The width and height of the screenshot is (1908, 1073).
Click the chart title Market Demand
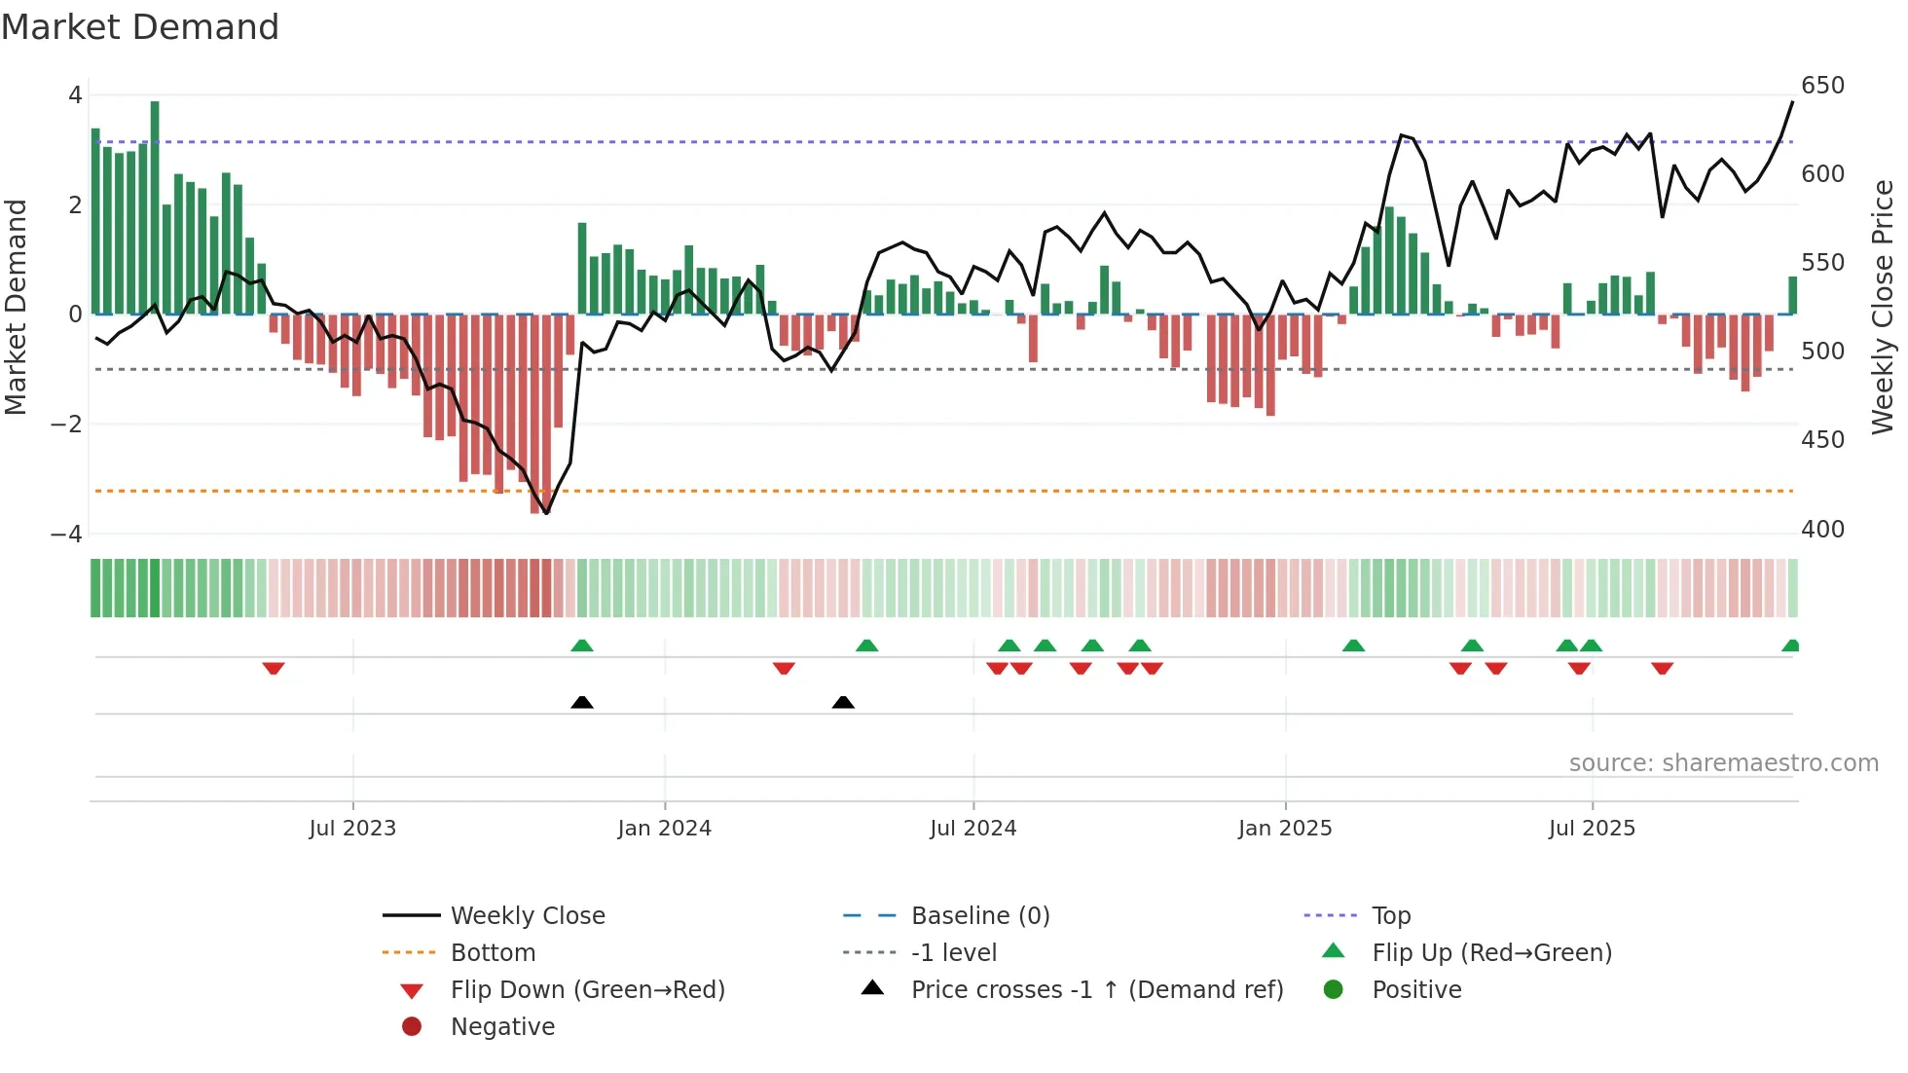(x=140, y=27)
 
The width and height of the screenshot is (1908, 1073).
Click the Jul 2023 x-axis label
(x=352, y=829)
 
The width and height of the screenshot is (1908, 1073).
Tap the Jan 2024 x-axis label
(x=665, y=829)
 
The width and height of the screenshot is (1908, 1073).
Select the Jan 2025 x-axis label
(x=1285, y=829)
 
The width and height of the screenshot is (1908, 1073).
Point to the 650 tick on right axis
(x=1822, y=86)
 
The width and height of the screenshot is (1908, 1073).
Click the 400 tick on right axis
(x=1822, y=530)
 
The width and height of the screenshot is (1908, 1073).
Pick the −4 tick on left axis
(x=66, y=535)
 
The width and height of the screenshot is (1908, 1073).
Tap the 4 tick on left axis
(x=75, y=95)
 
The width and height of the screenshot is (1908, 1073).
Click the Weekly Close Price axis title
(x=1883, y=307)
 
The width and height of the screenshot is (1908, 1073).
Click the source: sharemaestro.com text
(x=1723, y=763)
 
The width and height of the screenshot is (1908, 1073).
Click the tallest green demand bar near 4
(x=155, y=206)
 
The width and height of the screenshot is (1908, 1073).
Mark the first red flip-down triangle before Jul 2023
(x=274, y=668)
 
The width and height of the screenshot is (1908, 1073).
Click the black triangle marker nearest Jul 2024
(x=843, y=702)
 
